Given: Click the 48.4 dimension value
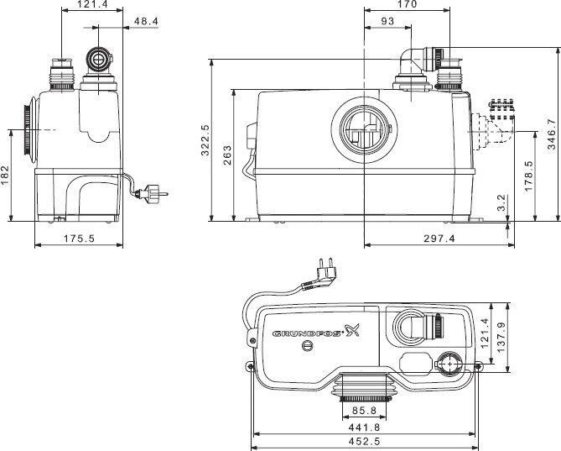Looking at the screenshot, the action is (x=146, y=22).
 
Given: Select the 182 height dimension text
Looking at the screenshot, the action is (x=5, y=176).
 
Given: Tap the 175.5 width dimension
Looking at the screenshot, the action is (x=79, y=239).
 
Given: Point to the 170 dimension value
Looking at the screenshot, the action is (x=408, y=4).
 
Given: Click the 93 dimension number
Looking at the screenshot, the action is (x=387, y=22).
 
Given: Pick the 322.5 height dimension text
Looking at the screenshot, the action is (x=205, y=140).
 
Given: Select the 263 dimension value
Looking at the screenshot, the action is (x=227, y=155).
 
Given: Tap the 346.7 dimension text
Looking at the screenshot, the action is (x=552, y=134).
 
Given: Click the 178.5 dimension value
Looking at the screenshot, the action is (x=529, y=176).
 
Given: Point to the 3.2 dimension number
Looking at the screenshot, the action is (x=502, y=202).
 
